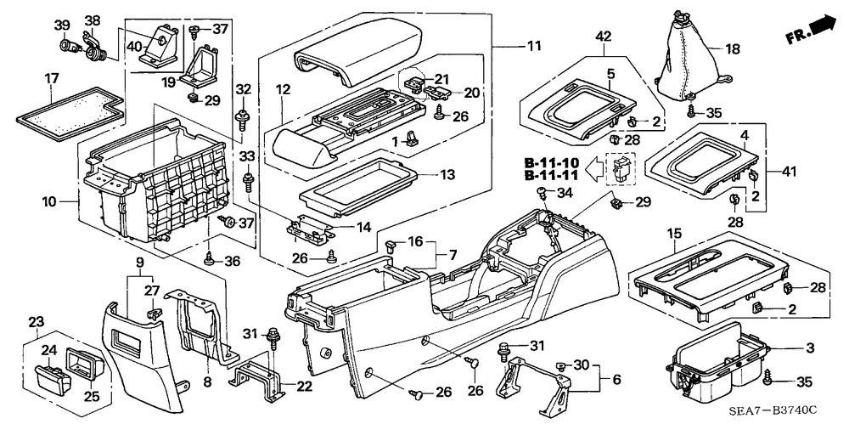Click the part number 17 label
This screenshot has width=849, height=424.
point(52,79)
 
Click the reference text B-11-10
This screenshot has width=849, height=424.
point(552,162)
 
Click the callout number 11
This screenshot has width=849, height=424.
point(534,47)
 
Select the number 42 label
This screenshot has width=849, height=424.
point(603,37)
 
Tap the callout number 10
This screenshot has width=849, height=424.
point(49,202)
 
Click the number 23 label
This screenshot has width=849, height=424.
point(37,321)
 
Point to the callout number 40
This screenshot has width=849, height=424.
point(134,47)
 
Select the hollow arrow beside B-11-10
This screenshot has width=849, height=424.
point(597,168)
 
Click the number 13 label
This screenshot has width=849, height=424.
point(447,175)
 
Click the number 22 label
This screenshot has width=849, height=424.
point(304,386)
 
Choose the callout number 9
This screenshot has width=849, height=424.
point(139,263)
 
